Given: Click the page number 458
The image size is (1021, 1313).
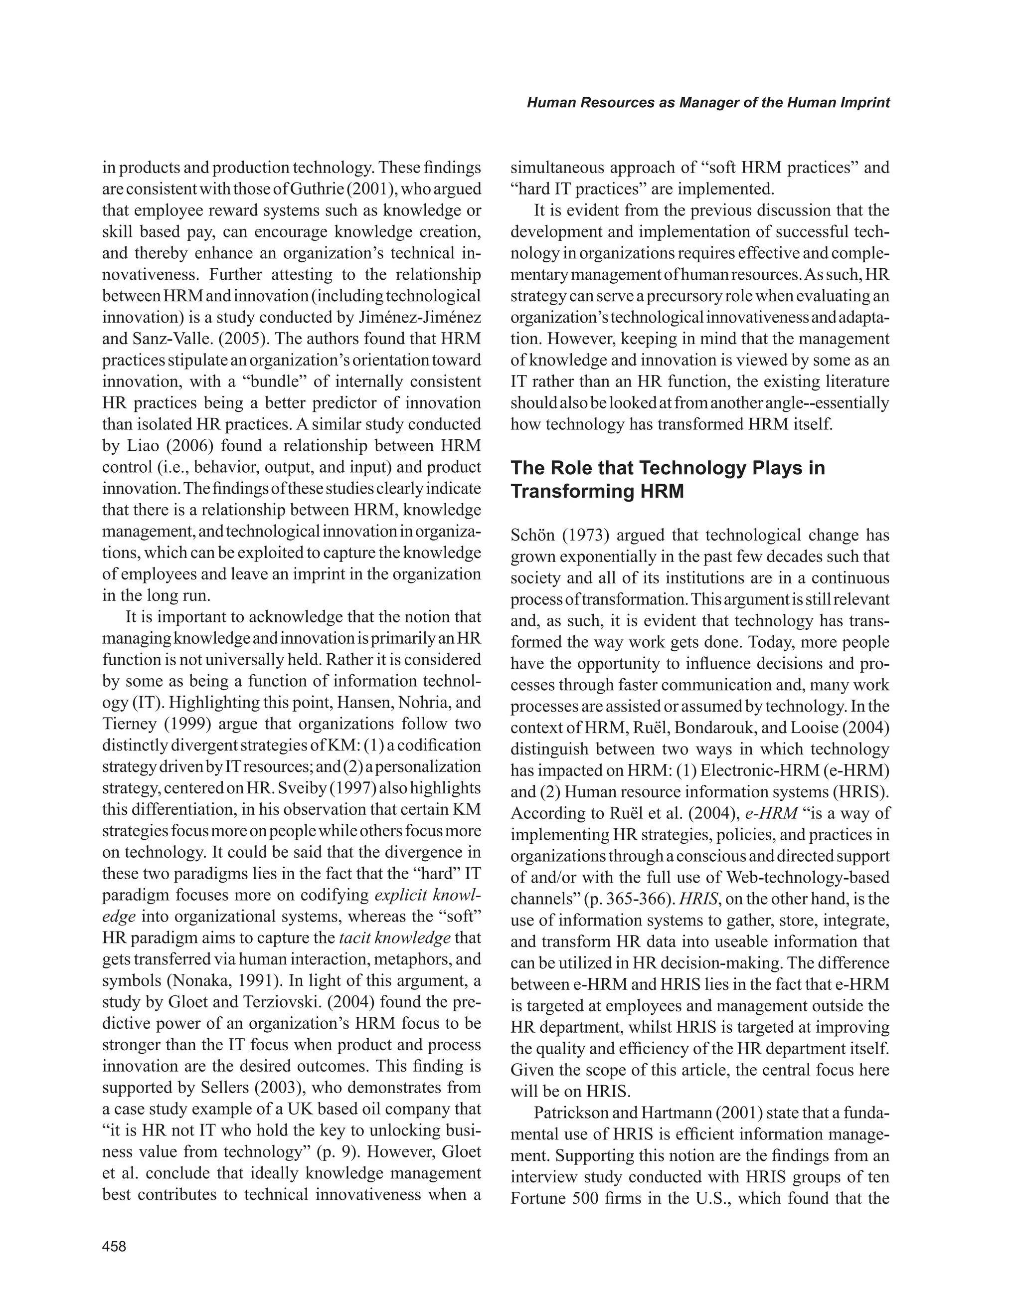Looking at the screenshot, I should point(114,1246).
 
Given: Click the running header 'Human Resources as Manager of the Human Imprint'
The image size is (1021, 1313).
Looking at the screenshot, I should point(708,103).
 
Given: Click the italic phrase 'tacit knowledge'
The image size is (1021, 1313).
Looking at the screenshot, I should point(395,938).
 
